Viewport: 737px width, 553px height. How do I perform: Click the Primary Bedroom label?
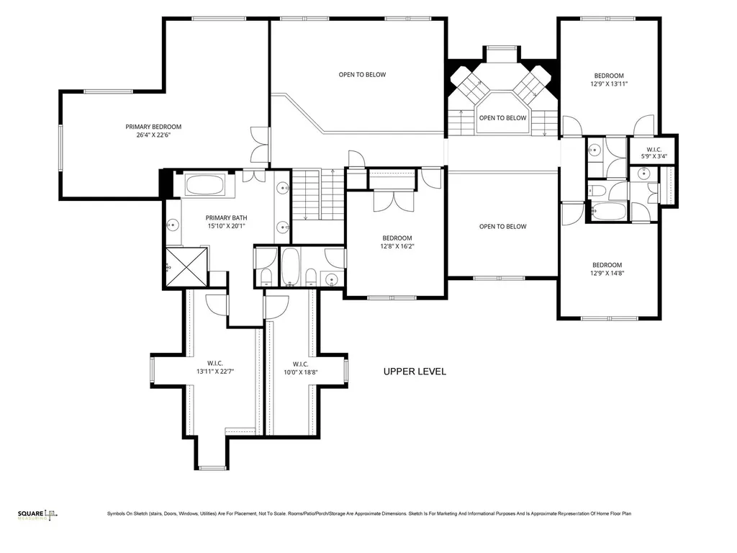[153, 131]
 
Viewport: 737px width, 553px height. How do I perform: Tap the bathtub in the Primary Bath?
[204, 184]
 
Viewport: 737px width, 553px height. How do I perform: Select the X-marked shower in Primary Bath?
[186, 266]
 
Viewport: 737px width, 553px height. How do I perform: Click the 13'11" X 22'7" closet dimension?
[215, 372]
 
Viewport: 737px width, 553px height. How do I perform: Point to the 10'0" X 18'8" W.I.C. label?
[301, 368]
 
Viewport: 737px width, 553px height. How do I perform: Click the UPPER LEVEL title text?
[415, 372]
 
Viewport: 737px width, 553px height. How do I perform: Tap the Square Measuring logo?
[37, 516]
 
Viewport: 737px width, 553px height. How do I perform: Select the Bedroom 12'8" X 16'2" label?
[397, 242]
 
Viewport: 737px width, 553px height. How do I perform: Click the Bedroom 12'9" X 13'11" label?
[609, 80]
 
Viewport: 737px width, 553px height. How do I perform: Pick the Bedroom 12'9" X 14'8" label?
[607, 269]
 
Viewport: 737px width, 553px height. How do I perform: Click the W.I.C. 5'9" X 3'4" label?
[654, 153]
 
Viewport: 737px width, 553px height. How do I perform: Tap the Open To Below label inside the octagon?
[502, 117]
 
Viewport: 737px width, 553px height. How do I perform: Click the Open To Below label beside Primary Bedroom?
[363, 74]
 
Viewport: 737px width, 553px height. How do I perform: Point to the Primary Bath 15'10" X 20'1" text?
[227, 222]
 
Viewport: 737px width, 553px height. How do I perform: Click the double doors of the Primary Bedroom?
[260, 145]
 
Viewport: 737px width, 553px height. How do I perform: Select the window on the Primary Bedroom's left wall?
[60, 148]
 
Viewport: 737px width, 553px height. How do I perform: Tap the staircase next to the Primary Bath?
[318, 195]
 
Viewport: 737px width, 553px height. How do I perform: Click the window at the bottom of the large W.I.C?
[212, 468]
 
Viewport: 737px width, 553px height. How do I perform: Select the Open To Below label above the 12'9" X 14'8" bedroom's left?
[503, 226]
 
